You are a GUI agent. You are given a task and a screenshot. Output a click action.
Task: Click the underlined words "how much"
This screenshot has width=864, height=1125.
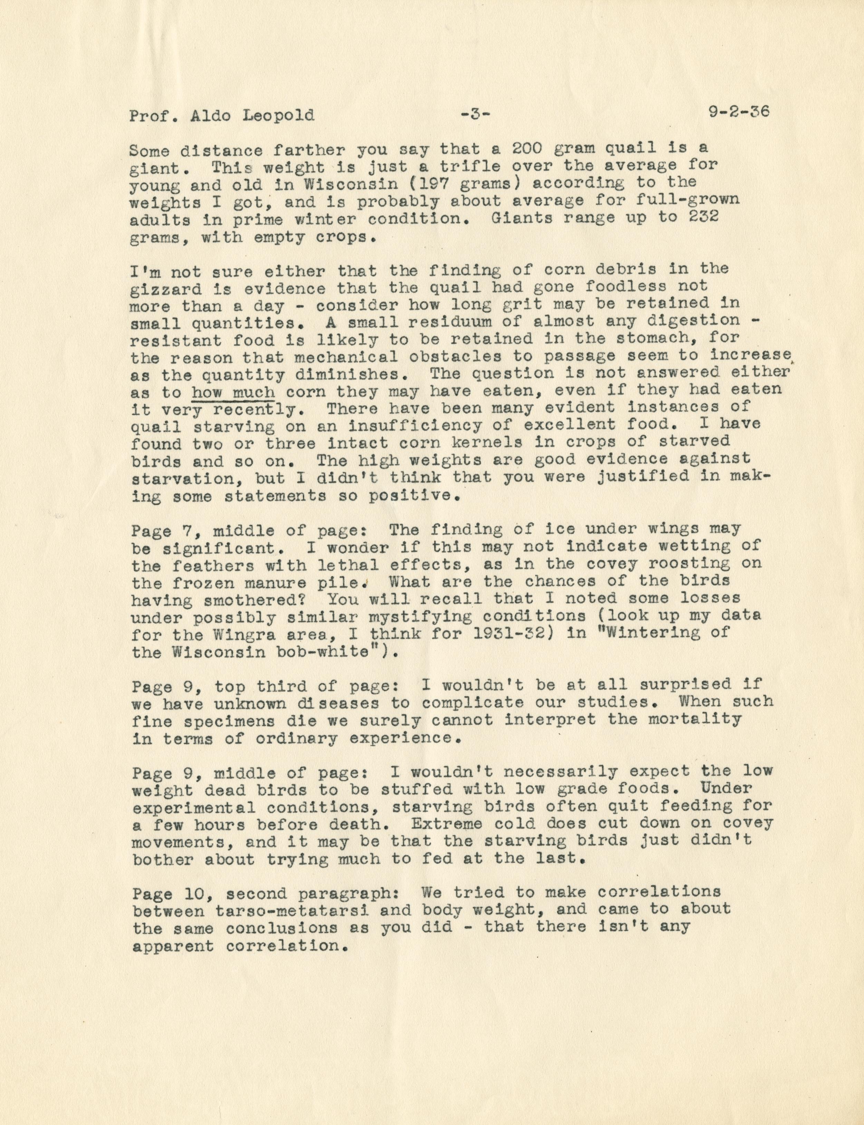pos(233,392)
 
